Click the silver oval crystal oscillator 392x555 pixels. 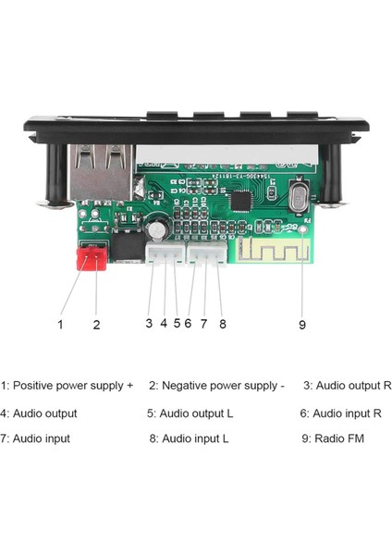[x=299, y=198]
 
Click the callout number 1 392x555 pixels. [x=60, y=324]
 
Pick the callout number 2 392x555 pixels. [x=96, y=324]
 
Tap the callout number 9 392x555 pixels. [x=303, y=324]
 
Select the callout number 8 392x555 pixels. [x=222, y=324]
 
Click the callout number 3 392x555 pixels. [x=149, y=324]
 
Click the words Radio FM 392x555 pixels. [x=339, y=438]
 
